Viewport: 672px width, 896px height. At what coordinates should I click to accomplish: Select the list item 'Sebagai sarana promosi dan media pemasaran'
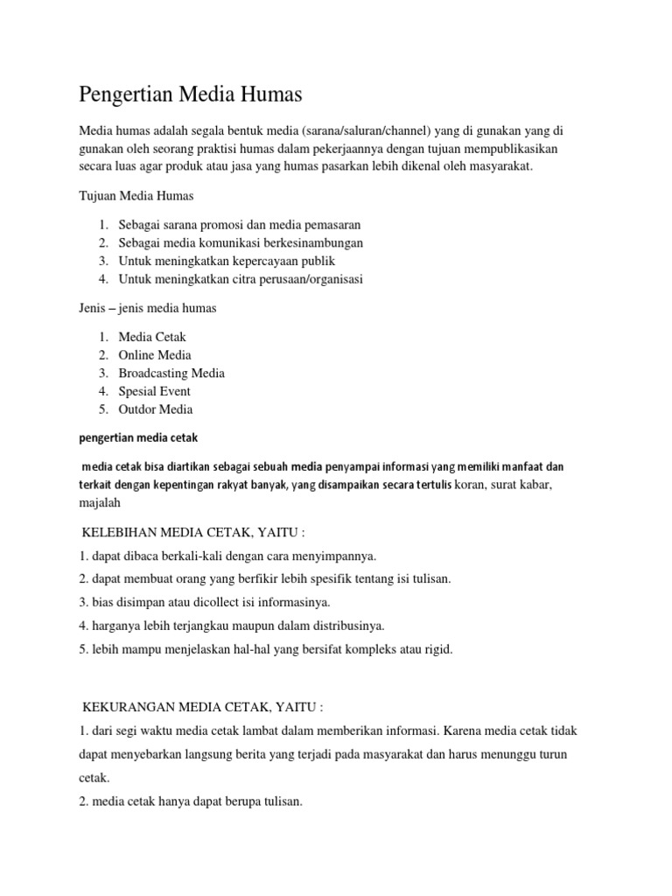pyautogui.click(x=240, y=225)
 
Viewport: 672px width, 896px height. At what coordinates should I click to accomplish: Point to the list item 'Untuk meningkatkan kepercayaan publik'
pyautogui.click(x=227, y=262)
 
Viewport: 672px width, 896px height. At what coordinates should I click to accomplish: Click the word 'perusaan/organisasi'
pyautogui.click(x=306, y=280)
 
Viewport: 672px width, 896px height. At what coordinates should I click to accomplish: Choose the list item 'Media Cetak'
pyautogui.click(x=152, y=337)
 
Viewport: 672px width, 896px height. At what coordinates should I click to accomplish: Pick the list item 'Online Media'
pyautogui.click(x=155, y=355)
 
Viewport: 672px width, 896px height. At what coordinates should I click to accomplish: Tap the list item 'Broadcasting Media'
pyautogui.click(x=171, y=373)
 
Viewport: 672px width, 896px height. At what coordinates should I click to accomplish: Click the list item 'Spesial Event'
pyautogui.click(x=154, y=391)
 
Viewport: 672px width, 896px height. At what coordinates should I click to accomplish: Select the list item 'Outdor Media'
pyautogui.click(x=156, y=409)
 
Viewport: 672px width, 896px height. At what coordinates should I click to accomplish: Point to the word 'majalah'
pyautogui.click(x=102, y=503)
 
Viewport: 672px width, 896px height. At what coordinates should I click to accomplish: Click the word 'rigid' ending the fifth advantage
pyautogui.click(x=437, y=650)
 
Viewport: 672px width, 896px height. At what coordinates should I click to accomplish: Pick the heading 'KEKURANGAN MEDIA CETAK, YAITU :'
pyautogui.click(x=202, y=706)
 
